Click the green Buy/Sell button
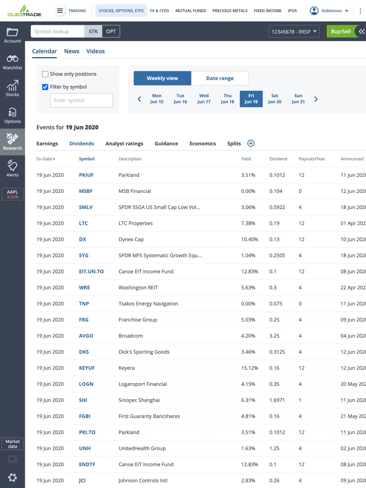(x=340, y=31)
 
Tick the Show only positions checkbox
(x=45, y=74)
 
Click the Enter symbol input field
(x=81, y=100)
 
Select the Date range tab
(x=220, y=78)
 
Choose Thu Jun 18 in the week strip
(x=227, y=99)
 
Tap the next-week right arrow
(x=316, y=99)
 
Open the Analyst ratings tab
(x=124, y=143)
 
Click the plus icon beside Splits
(x=251, y=143)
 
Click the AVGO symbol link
(x=86, y=336)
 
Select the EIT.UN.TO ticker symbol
(x=91, y=271)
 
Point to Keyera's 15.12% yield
(x=249, y=368)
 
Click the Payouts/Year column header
(x=311, y=159)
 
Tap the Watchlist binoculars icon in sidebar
(x=12, y=59)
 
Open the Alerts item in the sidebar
(x=12, y=169)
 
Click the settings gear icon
(x=12, y=477)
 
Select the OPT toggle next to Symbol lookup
(x=111, y=31)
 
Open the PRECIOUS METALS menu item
(x=230, y=11)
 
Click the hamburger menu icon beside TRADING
(x=60, y=11)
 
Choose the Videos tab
(x=96, y=51)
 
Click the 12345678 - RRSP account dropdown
(x=294, y=31)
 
